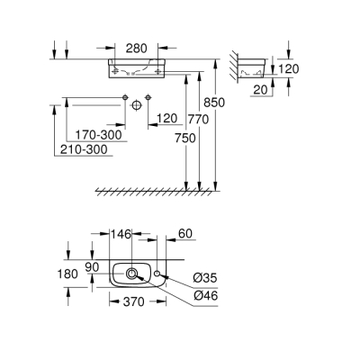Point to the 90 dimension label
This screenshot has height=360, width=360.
[93, 266]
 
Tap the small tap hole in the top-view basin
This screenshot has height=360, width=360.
[157, 272]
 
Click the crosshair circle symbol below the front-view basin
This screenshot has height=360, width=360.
[136, 105]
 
